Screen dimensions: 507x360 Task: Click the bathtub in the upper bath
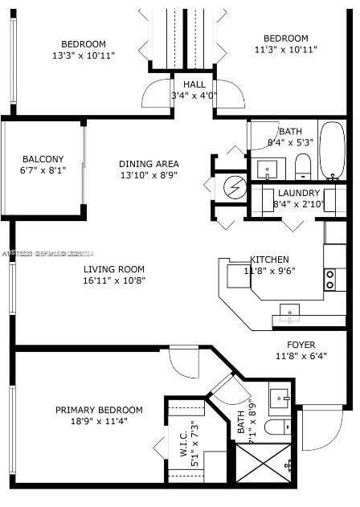coord(333,151)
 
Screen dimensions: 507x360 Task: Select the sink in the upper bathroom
coord(267,169)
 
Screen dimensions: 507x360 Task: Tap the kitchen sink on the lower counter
coord(290,311)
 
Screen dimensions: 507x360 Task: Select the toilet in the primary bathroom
coord(273,427)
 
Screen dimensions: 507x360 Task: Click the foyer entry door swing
coord(321,430)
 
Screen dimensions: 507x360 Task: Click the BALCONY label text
coord(43,159)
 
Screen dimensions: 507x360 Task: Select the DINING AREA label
coord(146,163)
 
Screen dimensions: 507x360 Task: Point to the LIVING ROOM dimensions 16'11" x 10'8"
coord(113,281)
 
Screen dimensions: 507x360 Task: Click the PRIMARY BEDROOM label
coord(99,410)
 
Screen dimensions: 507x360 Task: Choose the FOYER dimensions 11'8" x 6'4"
coord(306,356)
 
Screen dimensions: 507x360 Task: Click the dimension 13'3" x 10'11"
coord(84,55)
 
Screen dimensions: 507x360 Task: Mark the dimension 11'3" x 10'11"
coord(285,50)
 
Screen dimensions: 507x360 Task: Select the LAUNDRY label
coord(299,193)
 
